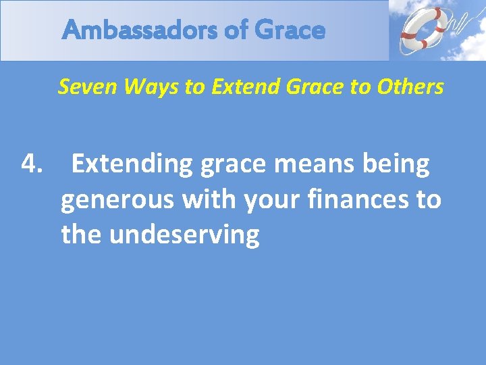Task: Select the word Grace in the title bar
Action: pyautogui.click(x=291, y=30)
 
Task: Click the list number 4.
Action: pyautogui.click(x=32, y=164)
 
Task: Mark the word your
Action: pyautogui.click(x=271, y=201)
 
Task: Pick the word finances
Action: pyautogui.click(x=356, y=199)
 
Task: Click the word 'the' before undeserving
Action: pyautogui.click(x=81, y=235)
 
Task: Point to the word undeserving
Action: pyautogui.click(x=184, y=235)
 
